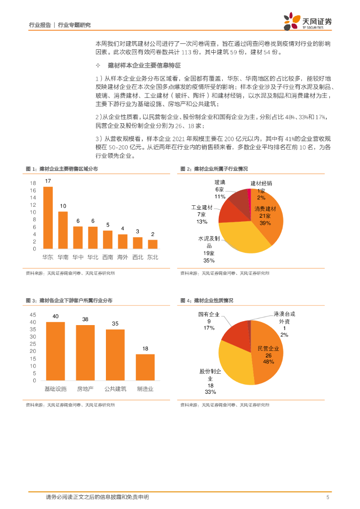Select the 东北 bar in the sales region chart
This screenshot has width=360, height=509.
153,244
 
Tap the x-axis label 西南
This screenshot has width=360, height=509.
107,257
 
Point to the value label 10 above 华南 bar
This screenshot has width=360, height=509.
63,206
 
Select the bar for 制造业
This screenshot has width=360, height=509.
145,368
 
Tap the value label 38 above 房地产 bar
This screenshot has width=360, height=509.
86,319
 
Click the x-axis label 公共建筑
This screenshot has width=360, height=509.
115,389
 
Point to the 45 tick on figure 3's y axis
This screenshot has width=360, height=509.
33,315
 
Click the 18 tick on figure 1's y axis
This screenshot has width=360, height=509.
33,183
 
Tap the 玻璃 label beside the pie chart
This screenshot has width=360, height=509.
220,182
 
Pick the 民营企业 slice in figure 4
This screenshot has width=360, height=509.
269,353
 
